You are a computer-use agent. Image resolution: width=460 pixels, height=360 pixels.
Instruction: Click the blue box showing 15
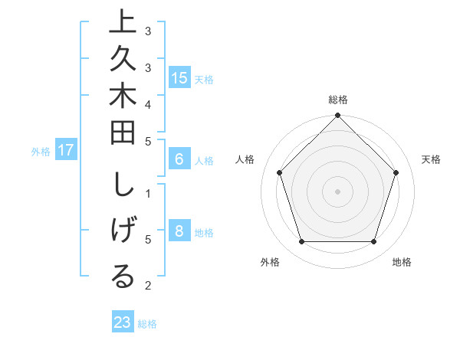coord(179,78)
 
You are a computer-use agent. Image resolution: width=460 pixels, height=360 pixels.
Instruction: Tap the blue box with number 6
coord(179,160)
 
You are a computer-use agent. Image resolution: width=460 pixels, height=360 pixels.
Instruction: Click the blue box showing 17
coord(66,151)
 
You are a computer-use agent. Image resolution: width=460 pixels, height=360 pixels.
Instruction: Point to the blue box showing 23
coord(122,322)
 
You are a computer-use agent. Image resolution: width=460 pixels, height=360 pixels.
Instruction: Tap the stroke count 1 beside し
coord(148,193)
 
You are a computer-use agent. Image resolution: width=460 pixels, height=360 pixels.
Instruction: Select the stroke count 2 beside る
coord(148,286)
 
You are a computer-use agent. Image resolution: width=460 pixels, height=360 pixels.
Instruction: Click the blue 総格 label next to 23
coord(147,324)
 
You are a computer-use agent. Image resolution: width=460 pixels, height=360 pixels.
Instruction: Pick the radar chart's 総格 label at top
coord(337,100)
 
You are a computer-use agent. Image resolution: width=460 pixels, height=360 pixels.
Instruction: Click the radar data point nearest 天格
coord(396,172)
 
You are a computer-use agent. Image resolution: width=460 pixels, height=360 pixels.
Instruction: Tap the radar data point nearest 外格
coord(301,242)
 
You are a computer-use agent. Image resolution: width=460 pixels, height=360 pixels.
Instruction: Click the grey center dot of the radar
coord(337,191)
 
